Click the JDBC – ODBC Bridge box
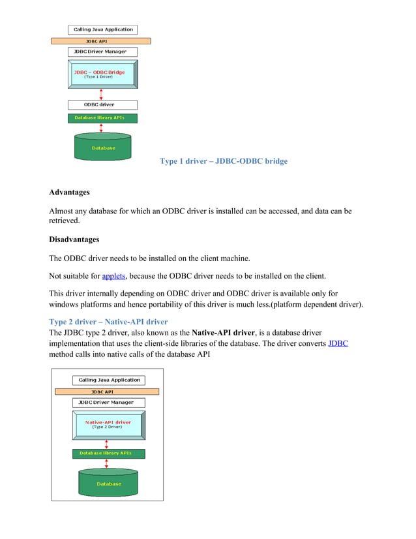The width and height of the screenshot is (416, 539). click(102, 74)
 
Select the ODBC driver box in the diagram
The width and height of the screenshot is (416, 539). click(102, 104)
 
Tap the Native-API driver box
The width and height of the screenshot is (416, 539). click(108, 425)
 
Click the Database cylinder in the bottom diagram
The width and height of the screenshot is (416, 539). click(109, 482)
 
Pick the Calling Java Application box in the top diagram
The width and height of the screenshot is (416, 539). click(102, 29)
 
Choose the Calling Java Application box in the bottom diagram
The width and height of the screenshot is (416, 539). click(109, 380)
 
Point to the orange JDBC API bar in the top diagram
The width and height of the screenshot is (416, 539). click(101, 40)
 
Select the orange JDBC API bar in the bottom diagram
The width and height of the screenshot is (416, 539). click(107, 392)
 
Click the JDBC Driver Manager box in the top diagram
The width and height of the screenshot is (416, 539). click(102, 52)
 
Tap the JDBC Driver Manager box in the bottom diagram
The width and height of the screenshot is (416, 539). click(109, 403)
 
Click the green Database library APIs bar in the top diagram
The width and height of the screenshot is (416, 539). click(102, 118)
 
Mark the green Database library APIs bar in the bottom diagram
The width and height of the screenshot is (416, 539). click(109, 453)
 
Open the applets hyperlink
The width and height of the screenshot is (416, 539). click(114, 275)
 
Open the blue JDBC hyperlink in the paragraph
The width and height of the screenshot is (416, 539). click(338, 343)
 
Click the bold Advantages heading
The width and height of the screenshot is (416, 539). click(69, 192)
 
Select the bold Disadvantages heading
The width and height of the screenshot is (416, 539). click(74, 239)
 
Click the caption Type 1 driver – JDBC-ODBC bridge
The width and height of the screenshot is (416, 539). click(223, 161)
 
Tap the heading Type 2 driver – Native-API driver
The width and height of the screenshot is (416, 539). click(108, 322)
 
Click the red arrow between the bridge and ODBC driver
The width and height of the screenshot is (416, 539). click(101, 94)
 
